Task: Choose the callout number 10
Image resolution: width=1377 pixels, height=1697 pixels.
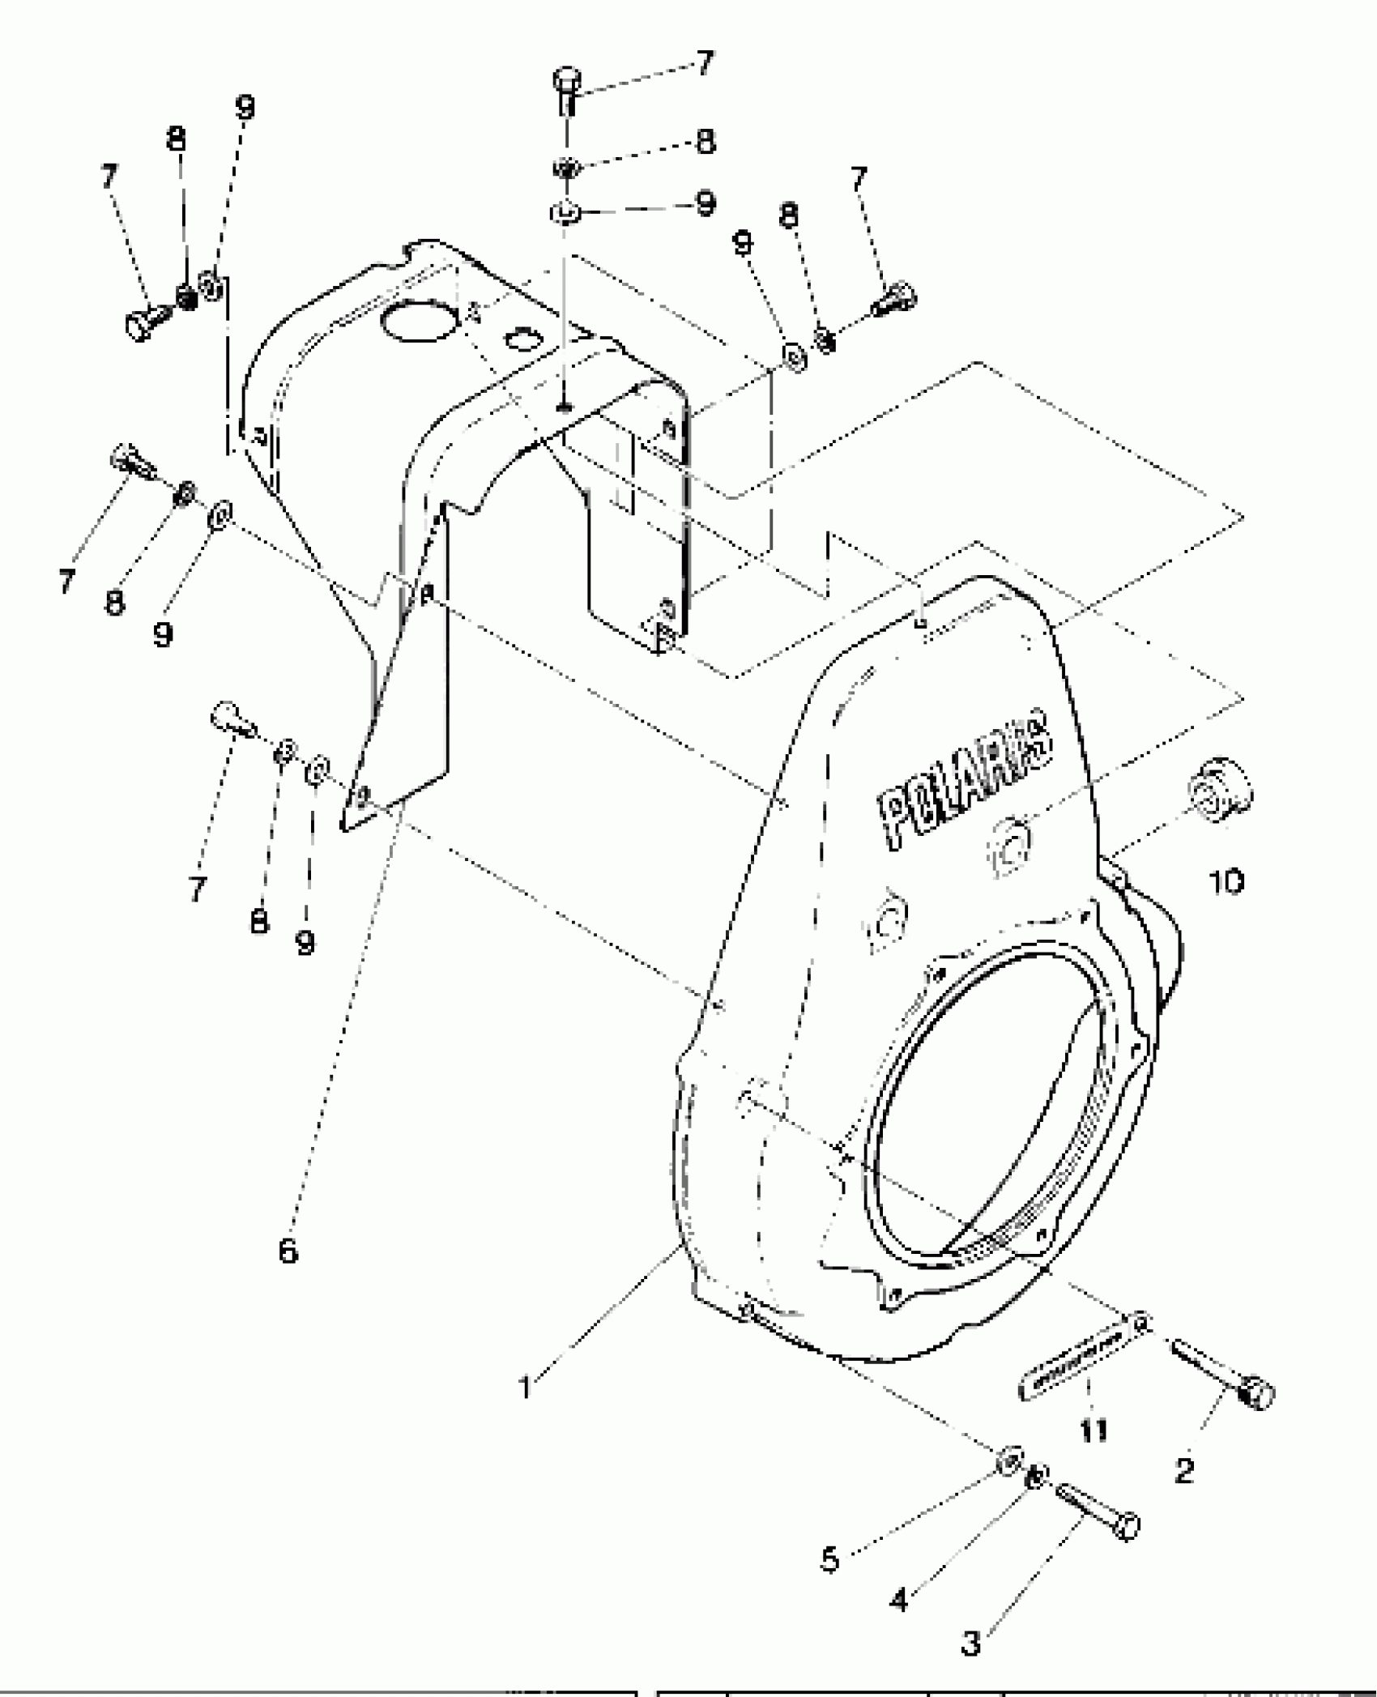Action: pyautogui.click(x=1228, y=881)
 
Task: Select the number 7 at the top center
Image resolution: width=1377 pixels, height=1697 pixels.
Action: pyautogui.click(x=705, y=63)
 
